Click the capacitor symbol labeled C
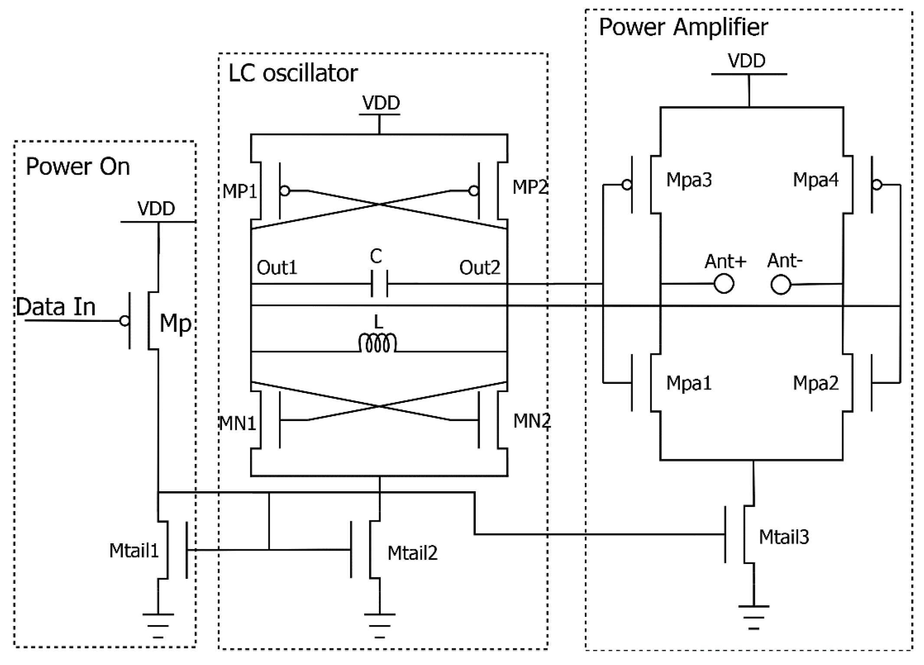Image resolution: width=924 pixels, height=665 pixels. [x=379, y=284]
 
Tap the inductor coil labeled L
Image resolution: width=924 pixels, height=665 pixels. [x=377, y=344]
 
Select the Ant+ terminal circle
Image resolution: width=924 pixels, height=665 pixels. [x=724, y=284]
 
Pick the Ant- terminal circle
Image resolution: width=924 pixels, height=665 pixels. [x=780, y=285]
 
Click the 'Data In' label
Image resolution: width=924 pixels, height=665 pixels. [x=56, y=307]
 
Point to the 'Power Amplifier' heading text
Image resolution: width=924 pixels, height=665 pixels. [x=683, y=27]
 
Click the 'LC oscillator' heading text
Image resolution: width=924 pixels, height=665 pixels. [x=293, y=73]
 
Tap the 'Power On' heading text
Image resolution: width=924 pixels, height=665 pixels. [x=78, y=167]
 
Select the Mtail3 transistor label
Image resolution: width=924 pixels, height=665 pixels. [x=784, y=537]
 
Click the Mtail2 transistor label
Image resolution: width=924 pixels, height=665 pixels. [x=412, y=553]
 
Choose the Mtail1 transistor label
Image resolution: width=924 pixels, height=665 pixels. [x=134, y=551]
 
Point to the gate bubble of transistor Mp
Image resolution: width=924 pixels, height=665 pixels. [x=124, y=321]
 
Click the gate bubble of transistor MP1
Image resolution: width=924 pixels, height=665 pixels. [x=285, y=190]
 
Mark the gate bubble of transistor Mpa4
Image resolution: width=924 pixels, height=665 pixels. [x=877, y=185]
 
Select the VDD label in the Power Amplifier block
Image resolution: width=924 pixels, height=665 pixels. [x=746, y=61]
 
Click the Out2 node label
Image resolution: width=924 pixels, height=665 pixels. [x=480, y=268]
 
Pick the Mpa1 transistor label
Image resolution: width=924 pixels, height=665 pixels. [x=689, y=383]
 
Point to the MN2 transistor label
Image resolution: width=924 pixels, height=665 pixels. [x=532, y=421]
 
